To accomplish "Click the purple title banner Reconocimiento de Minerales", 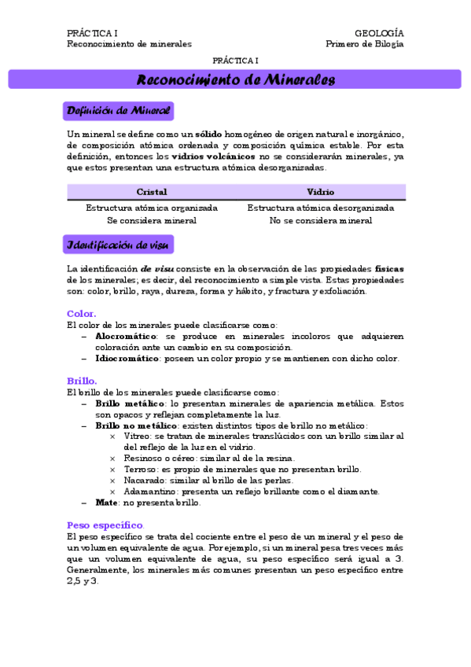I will click(x=235, y=79).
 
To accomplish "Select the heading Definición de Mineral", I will click(x=118, y=110).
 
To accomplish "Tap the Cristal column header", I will click(x=151, y=192).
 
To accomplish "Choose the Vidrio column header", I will click(x=321, y=192).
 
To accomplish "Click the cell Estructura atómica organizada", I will click(x=151, y=208).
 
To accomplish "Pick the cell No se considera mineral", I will click(x=321, y=220).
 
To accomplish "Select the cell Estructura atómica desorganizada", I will click(x=321, y=208).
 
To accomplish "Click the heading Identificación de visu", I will click(x=118, y=245).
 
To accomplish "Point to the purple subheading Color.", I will click(x=82, y=313).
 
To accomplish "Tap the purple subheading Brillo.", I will click(x=82, y=381).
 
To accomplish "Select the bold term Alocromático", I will click(x=127, y=336).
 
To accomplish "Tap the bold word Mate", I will click(x=106, y=502).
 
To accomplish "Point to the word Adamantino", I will click(x=146, y=492).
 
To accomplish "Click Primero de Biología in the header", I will click(x=364, y=45).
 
